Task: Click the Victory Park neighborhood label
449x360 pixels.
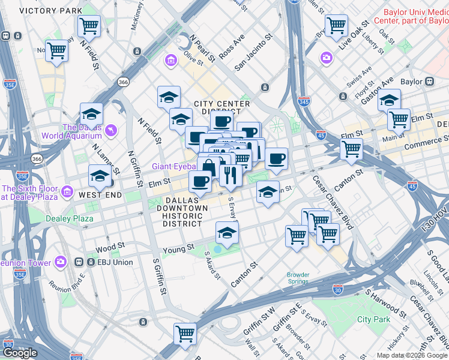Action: coord(41,11)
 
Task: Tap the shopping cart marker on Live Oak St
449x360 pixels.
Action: coord(336,26)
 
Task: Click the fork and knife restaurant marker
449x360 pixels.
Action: coord(231,175)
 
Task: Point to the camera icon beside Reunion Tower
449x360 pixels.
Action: coord(60,262)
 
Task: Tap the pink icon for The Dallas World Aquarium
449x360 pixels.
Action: coord(110,130)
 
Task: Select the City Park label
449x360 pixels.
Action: coord(373,319)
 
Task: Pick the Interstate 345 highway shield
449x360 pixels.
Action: coord(304,102)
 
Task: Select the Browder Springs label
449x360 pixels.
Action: coord(298,278)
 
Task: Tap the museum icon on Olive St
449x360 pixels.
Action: coord(171,61)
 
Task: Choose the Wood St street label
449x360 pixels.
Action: coord(109,246)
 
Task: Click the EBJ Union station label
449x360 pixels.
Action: coord(107,262)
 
